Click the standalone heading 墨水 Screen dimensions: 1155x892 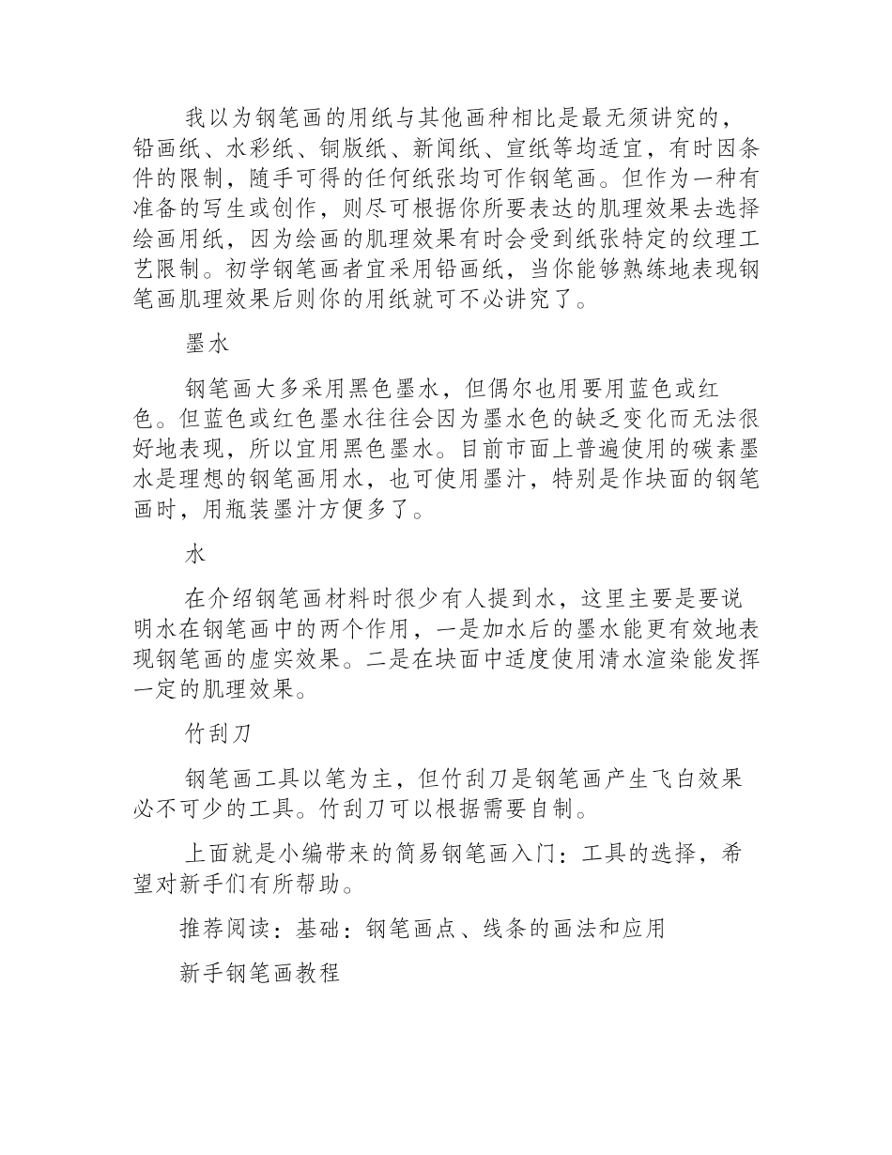207,345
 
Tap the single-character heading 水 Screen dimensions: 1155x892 195,555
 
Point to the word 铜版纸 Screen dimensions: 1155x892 355,148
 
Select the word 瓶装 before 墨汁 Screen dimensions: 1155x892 250,512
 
